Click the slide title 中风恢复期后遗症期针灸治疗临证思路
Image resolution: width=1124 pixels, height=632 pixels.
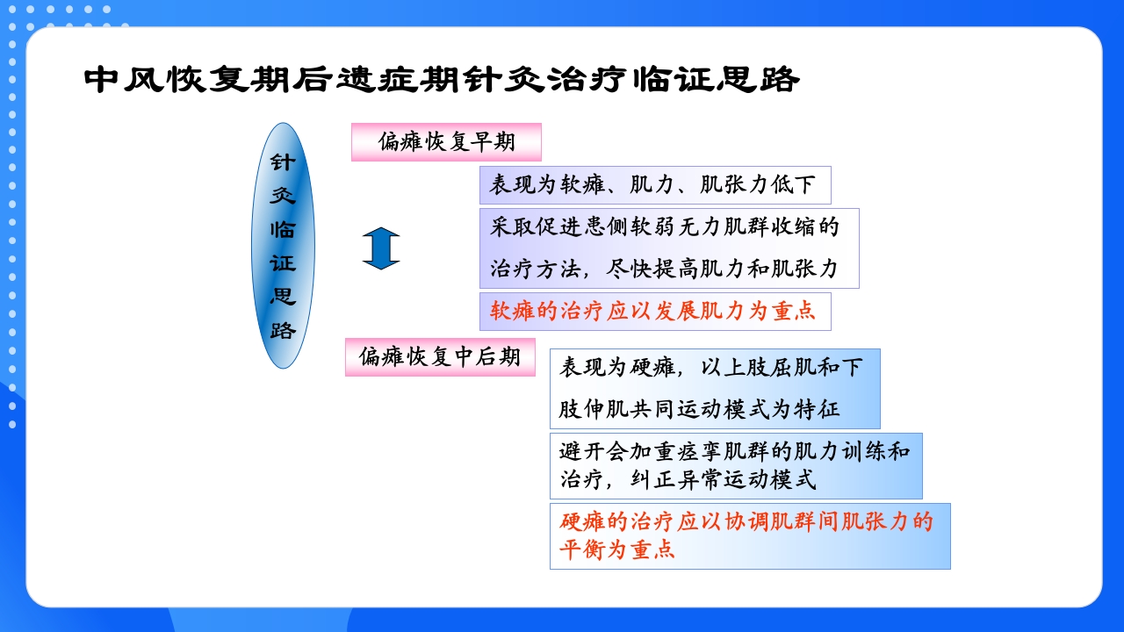[442, 80]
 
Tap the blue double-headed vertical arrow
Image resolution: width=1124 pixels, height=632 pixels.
[381, 248]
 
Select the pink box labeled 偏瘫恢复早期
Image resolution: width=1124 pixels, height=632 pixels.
[446, 141]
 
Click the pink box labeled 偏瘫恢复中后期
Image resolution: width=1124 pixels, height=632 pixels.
[439, 356]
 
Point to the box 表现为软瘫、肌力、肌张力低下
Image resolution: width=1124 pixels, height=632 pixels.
[653, 185]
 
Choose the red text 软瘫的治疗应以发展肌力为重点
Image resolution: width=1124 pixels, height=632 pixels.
[653, 311]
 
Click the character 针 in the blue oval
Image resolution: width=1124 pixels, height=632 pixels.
[283, 162]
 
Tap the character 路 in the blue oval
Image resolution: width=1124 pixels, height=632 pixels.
[283, 331]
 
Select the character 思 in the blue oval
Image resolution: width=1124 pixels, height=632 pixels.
[283, 297]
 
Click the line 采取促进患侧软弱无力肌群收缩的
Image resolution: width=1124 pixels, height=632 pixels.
[664, 227]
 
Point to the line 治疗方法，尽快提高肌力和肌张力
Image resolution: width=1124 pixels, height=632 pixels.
[664, 269]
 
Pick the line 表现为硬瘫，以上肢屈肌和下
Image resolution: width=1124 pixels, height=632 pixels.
[711, 368]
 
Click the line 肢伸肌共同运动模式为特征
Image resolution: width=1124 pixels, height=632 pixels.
[700, 409]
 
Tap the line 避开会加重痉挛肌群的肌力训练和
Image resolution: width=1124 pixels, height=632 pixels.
[734, 452]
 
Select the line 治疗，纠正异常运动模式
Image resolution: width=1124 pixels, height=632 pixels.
[688, 480]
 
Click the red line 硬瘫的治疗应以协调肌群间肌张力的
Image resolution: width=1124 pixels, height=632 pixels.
[746, 522]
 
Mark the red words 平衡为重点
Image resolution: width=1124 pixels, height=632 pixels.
[617, 550]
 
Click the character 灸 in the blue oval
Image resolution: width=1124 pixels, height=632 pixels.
[283, 196]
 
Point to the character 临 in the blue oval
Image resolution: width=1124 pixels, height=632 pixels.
[283, 230]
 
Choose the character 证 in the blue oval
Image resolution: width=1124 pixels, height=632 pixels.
[283, 263]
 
